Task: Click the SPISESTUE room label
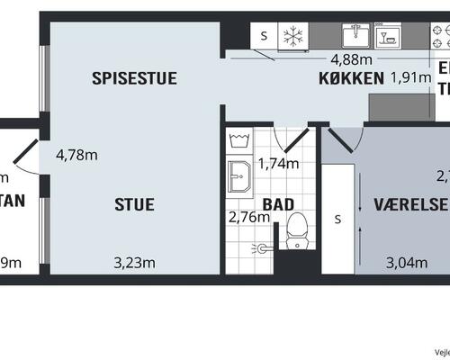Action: click(x=134, y=78)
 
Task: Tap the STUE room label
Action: click(x=134, y=204)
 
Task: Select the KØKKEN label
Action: click(x=351, y=78)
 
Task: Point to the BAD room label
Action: click(x=278, y=204)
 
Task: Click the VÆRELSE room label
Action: click(x=411, y=204)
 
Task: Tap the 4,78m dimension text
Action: click(x=77, y=154)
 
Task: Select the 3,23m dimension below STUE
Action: click(x=135, y=263)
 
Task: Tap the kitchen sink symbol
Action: click(x=356, y=36)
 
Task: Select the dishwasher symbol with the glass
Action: click(x=390, y=36)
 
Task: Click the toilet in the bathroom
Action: click(x=294, y=234)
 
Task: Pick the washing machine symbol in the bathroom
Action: click(x=240, y=141)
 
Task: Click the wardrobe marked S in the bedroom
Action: click(x=338, y=219)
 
